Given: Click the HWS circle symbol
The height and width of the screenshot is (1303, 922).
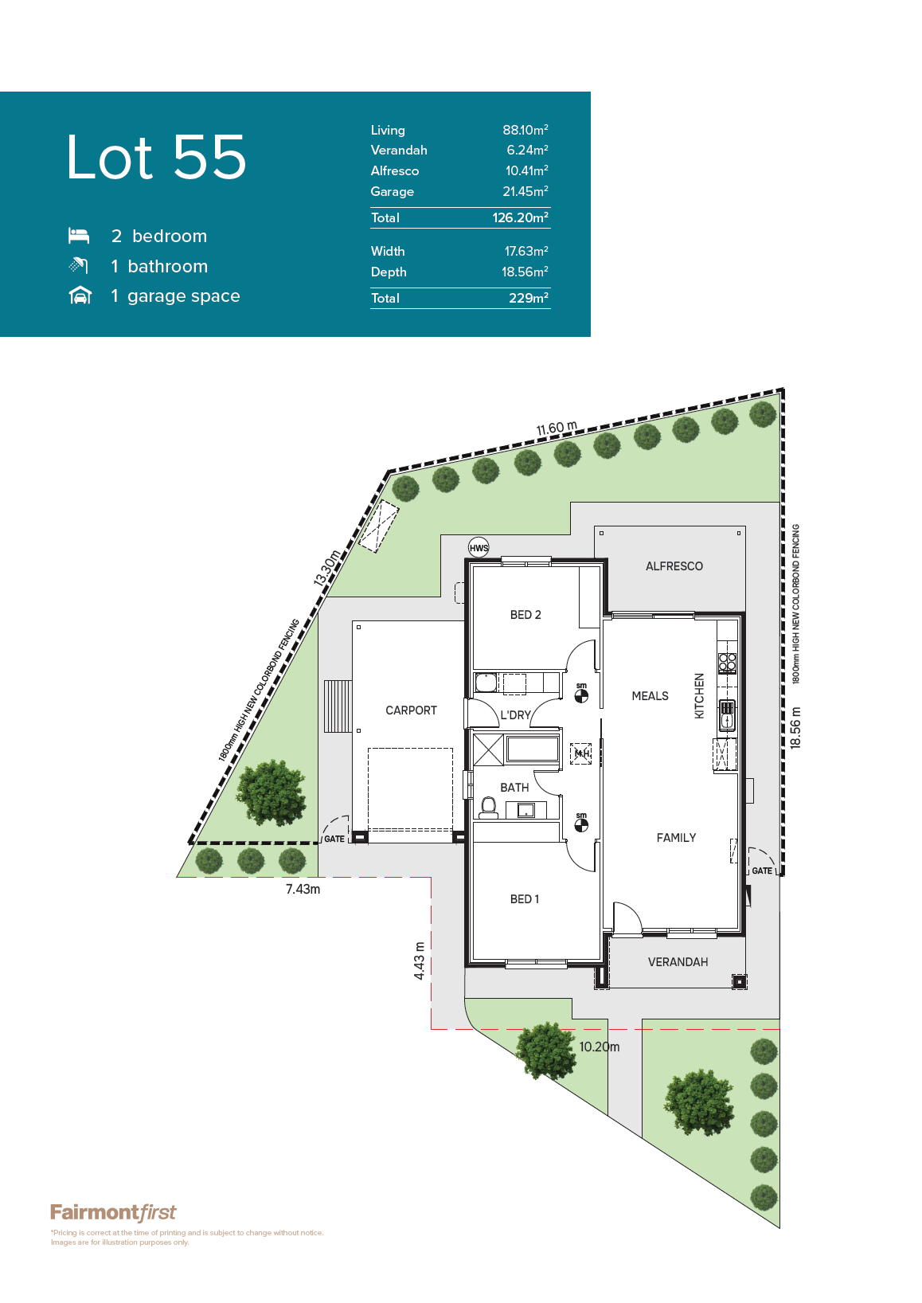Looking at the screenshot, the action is (479, 547).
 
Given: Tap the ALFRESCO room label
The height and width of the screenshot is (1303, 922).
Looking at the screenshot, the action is (674, 566).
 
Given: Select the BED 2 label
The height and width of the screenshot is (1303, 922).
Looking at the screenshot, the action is (525, 615).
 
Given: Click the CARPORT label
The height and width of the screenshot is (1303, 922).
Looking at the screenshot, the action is (411, 710).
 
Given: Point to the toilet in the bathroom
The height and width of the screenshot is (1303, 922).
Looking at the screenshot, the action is (488, 808).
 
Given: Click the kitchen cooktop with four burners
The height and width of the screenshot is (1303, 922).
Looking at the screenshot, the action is (727, 663).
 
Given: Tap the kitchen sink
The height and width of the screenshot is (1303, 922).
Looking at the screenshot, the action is (727, 715).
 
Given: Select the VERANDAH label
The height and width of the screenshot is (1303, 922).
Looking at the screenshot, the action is (678, 962).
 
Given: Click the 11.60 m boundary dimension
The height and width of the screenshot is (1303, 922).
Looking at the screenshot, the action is (557, 428).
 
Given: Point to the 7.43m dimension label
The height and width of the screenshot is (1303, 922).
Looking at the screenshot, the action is (303, 890).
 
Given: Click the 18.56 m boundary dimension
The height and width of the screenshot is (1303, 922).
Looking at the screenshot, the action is (796, 728).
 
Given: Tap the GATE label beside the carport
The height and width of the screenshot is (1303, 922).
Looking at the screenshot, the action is (334, 839).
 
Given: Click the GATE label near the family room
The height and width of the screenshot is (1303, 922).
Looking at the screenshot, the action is (762, 871).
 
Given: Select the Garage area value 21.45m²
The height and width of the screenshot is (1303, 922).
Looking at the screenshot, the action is (525, 191).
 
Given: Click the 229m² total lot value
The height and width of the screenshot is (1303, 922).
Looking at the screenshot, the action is (529, 298).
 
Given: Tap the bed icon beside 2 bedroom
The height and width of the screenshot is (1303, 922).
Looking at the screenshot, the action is (79, 236).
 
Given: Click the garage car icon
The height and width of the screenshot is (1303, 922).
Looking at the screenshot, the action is (80, 295).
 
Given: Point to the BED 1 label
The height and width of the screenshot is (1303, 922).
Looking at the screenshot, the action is (525, 899).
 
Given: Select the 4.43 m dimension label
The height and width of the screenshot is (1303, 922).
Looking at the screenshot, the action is (419, 961).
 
